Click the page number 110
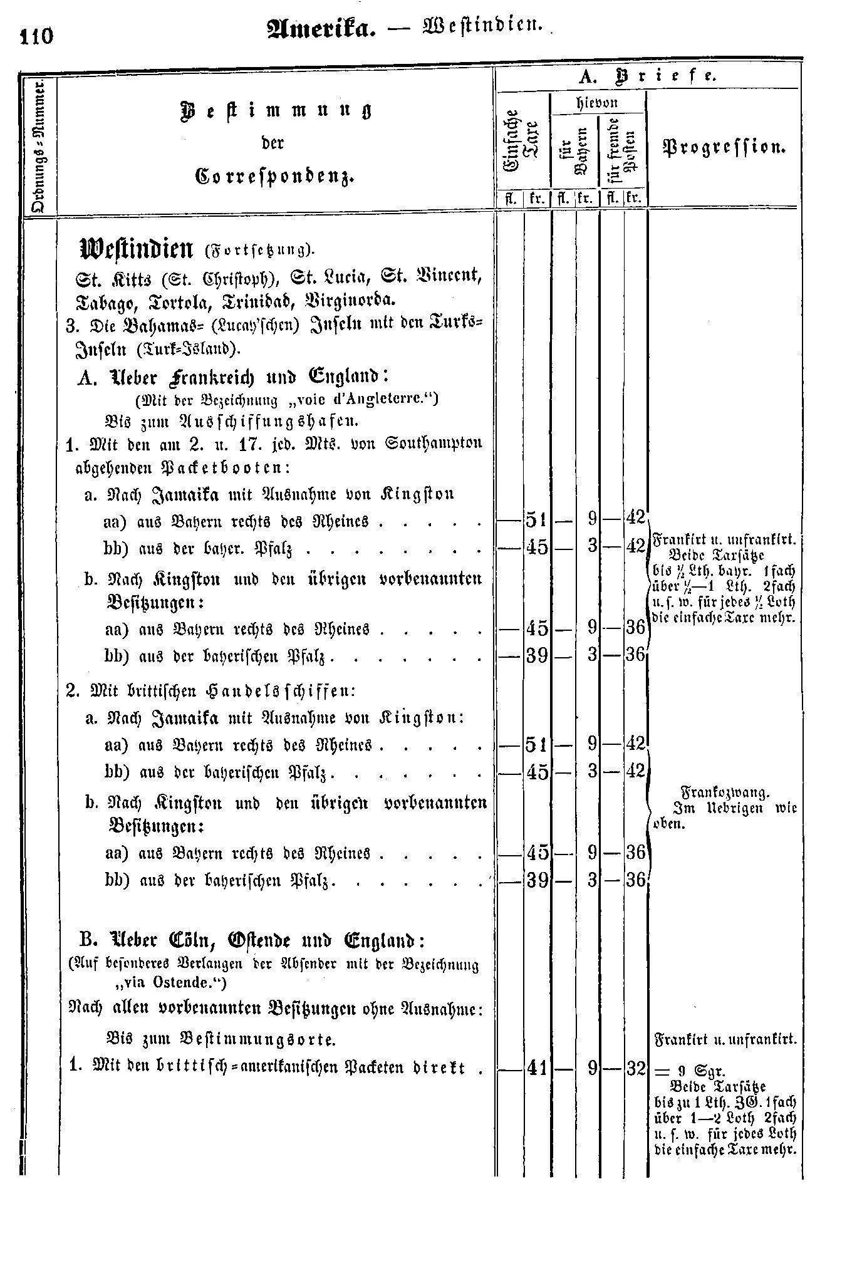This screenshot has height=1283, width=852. [37, 36]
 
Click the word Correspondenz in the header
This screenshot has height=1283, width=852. [275, 176]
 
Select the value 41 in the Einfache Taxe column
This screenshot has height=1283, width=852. [537, 1067]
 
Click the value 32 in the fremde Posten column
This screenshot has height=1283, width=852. [635, 1067]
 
